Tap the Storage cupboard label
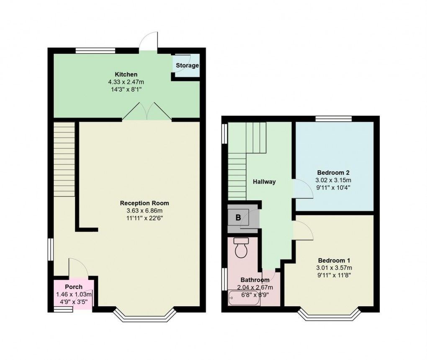(187, 66)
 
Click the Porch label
(74, 287)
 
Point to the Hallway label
(264, 182)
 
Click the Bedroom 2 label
(333, 173)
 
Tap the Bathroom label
(255, 280)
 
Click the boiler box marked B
(238, 218)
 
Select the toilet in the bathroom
(242, 249)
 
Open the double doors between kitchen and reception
(147, 112)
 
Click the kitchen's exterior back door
(149, 42)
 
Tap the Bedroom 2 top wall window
(333, 119)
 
